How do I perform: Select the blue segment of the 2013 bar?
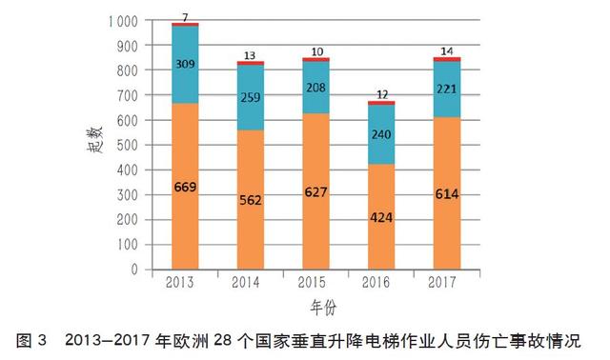tap(185, 64)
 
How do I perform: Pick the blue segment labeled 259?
tap(252, 97)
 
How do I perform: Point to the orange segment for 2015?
tap(316, 191)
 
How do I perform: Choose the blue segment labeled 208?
tap(316, 88)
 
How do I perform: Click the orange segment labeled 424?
tap(381, 216)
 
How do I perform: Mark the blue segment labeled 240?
tap(381, 134)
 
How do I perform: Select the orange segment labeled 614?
tap(447, 193)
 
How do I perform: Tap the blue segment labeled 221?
tap(447, 90)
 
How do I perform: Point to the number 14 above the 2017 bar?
tap(447, 50)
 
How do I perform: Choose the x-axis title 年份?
tap(322, 307)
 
